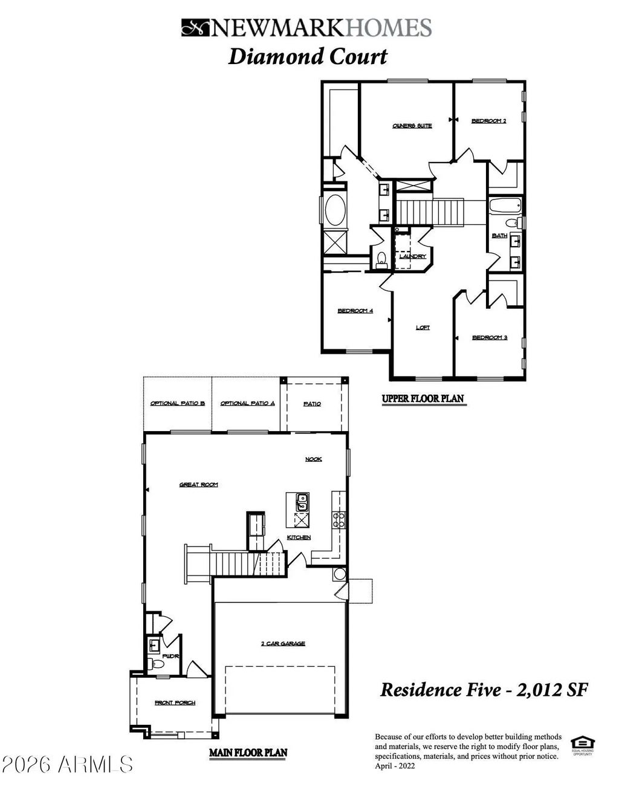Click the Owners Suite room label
click(412, 126)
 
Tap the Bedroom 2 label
click(488, 122)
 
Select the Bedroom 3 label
click(489, 337)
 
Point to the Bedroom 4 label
click(355, 311)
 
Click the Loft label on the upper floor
click(423, 328)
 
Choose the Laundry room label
click(412, 256)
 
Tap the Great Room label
click(198, 485)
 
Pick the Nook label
click(313, 459)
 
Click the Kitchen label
click(299, 537)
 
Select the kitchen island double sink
click(301, 501)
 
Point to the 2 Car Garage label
click(283, 644)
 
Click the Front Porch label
click(175, 703)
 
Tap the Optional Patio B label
click(178, 403)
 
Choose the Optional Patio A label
click(247, 403)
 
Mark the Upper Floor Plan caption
click(423, 398)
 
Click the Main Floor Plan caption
click(248, 753)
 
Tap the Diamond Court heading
click(307, 57)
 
